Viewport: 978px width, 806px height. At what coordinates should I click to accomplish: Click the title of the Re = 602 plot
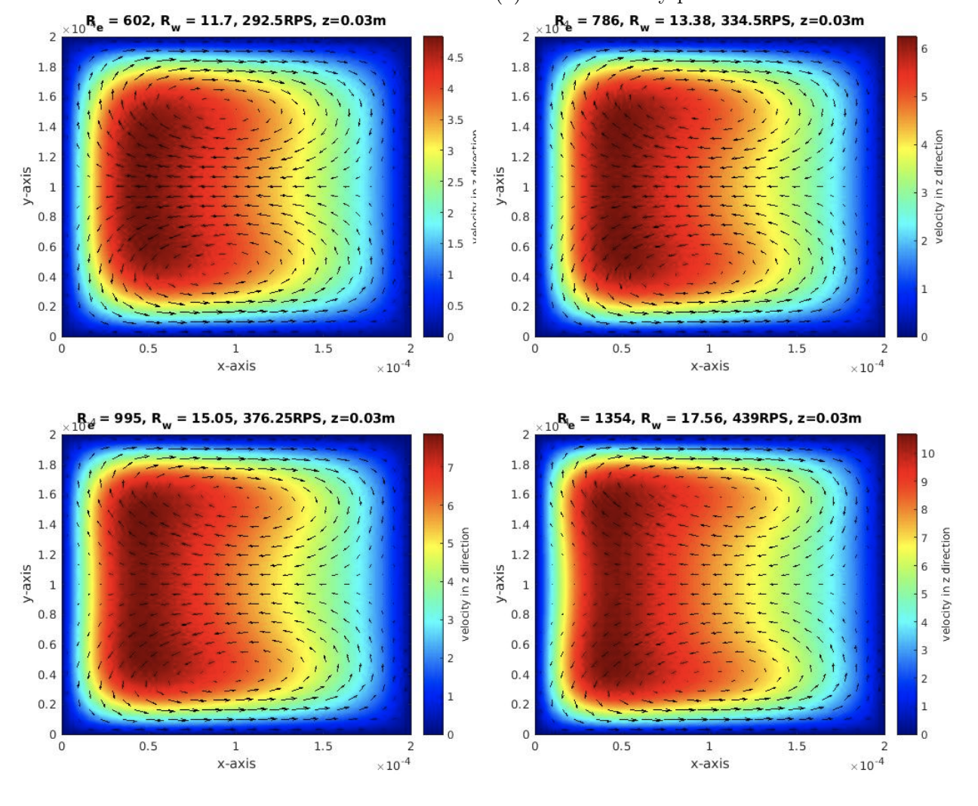tap(235, 21)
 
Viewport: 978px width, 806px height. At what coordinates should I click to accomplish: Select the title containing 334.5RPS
tap(709, 21)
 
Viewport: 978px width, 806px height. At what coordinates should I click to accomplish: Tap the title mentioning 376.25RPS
tap(235, 419)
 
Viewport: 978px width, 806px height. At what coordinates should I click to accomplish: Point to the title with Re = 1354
tap(709, 419)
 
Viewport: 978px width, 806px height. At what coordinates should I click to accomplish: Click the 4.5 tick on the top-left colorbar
tap(455, 57)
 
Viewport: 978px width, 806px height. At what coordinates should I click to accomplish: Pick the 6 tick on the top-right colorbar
tap(924, 48)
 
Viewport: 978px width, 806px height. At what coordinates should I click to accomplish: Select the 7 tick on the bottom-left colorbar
tap(451, 468)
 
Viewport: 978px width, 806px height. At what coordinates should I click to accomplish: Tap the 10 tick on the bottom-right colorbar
tap(927, 454)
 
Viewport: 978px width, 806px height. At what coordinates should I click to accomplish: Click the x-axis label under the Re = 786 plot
tap(709, 366)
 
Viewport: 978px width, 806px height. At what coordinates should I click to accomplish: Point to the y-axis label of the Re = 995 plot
tap(26, 583)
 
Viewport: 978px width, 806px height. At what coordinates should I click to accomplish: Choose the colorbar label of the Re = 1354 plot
tap(946, 584)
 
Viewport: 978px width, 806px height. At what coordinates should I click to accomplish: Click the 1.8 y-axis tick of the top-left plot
tap(47, 67)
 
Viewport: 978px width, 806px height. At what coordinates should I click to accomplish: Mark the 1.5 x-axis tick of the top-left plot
tap(323, 349)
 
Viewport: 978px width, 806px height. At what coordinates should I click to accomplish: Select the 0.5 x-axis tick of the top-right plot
tap(621, 349)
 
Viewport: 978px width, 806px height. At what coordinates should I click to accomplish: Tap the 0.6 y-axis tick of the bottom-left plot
tap(47, 644)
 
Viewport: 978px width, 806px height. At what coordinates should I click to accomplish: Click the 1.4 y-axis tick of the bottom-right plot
tap(520, 525)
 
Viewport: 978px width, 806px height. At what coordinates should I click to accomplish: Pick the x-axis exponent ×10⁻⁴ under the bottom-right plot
tap(868, 766)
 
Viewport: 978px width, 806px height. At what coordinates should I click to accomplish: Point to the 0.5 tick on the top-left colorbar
tap(455, 306)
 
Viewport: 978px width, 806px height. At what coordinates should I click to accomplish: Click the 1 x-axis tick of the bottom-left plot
tap(235, 746)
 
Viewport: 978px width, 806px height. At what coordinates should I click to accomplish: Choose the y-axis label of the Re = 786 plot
tap(499, 186)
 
